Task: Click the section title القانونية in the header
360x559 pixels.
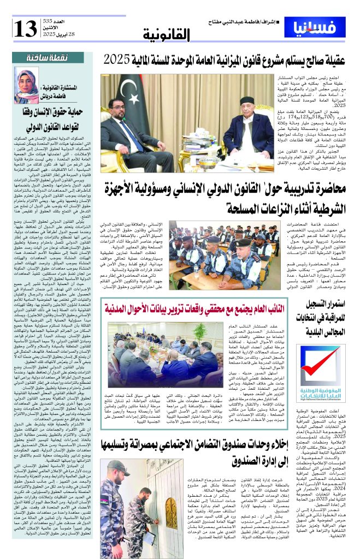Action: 167,36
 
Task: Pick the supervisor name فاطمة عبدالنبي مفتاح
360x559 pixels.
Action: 240,22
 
